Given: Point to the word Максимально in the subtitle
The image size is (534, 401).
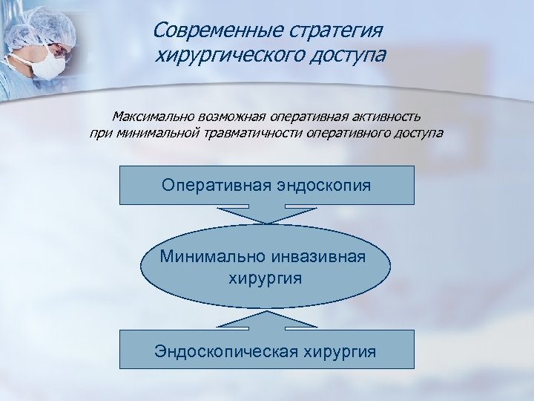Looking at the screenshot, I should [x=153, y=117].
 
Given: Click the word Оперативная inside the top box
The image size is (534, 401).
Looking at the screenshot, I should [x=212, y=184].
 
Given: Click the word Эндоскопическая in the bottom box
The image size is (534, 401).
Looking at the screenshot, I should [x=228, y=350].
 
